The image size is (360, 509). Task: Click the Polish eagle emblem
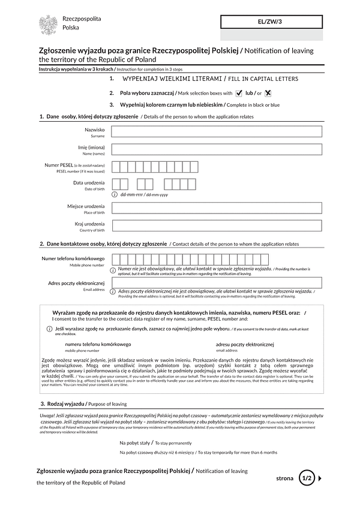pos(48,25)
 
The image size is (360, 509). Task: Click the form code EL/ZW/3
pos(271,22)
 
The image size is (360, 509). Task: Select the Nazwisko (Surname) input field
pos(217,131)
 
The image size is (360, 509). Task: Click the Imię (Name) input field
pos(217,149)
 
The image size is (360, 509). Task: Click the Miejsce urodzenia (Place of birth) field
pos(217,208)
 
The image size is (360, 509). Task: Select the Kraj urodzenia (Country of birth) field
pos(217,226)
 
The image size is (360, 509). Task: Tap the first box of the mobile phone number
pos(116,260)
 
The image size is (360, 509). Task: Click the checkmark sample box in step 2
pos(239,93)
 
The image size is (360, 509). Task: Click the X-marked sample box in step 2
pos(268,93)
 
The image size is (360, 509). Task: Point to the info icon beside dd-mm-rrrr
pos(115,194)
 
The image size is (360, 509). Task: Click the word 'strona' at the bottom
pos(285,478)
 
